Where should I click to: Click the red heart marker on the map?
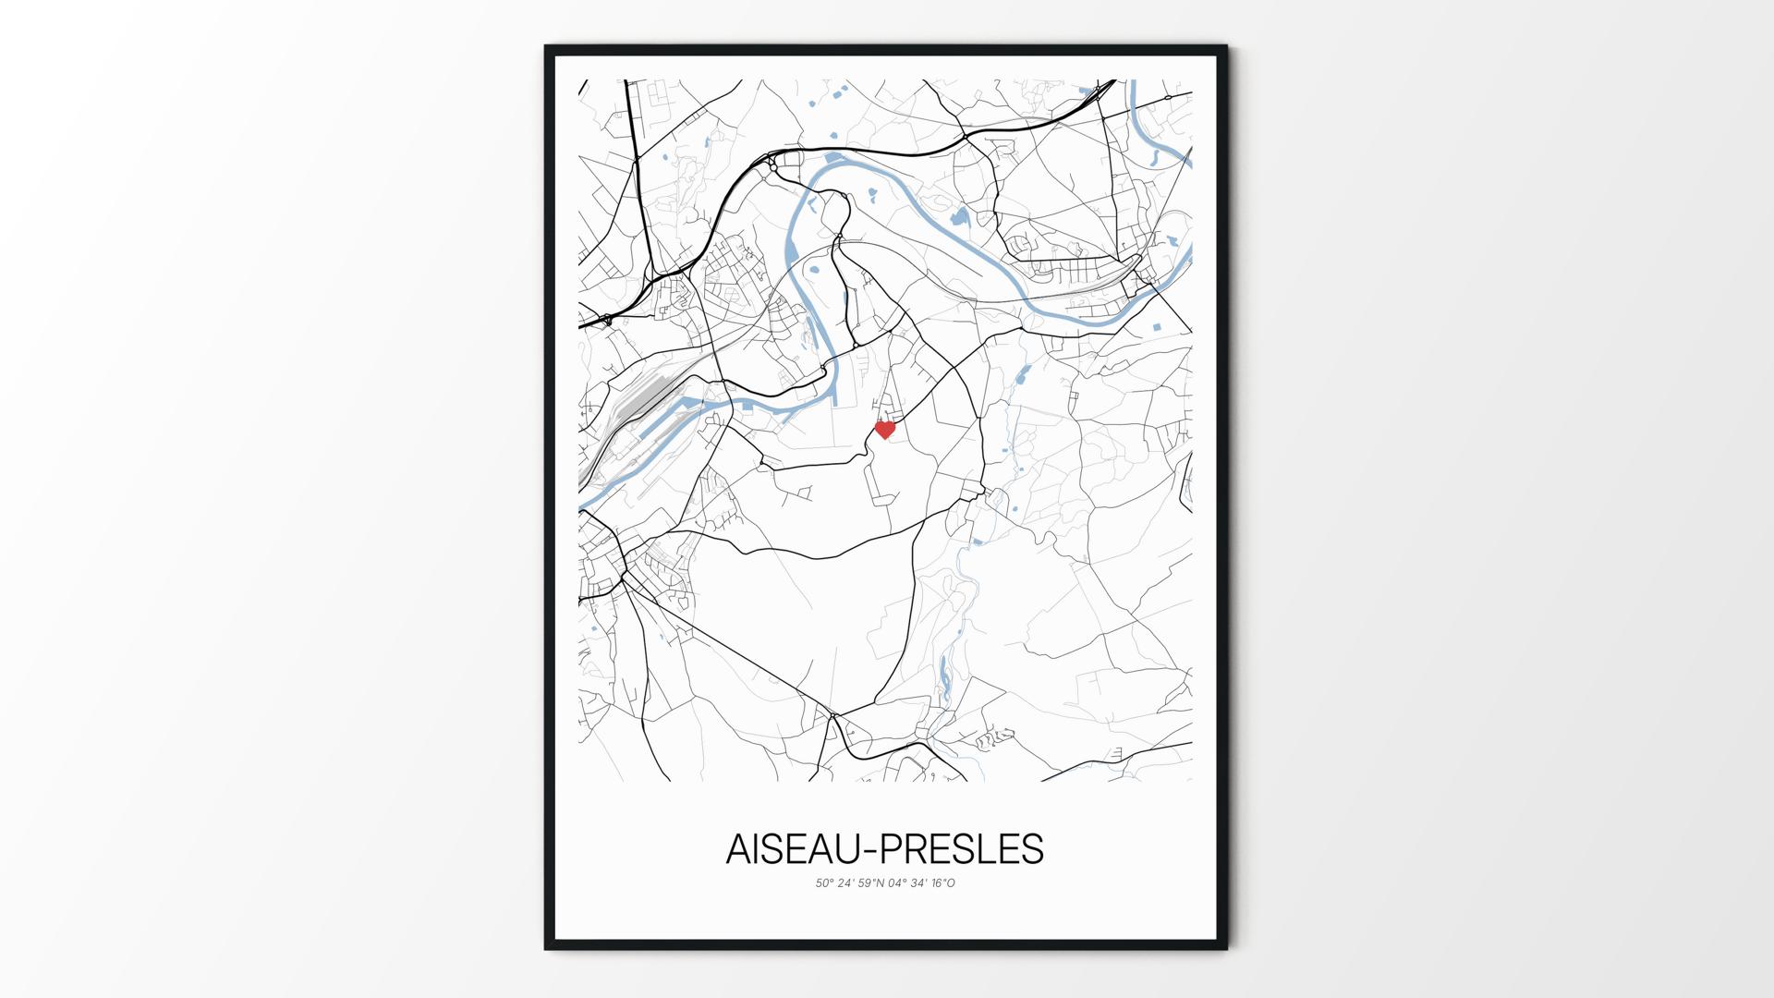pyautogui.click(x=885, y=430)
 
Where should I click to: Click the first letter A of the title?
pyautogui.click(x=738, y=849)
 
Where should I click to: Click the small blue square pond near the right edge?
pyautogui.click(x=1156, y=327)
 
